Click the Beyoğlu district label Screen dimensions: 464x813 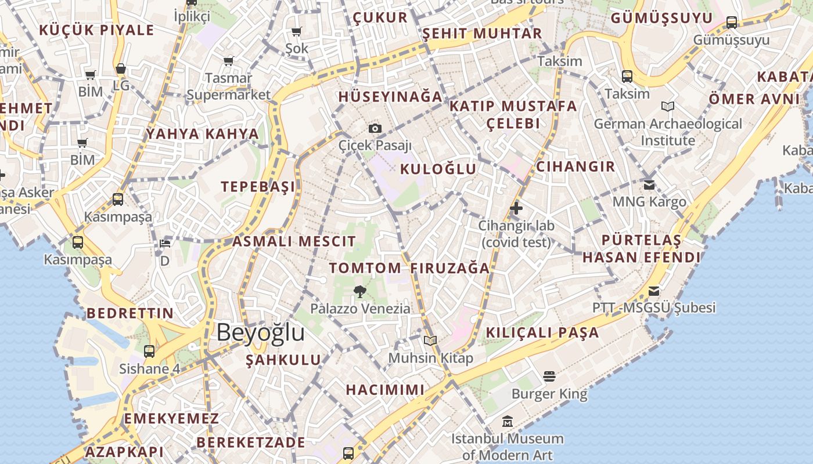tap(261, 333)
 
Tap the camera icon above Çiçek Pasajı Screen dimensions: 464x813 tap(375, 128)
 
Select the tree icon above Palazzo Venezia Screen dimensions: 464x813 tap(360, 292)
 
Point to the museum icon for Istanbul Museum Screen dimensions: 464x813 tap(508, 422)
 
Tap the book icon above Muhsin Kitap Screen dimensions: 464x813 tap(430, 341)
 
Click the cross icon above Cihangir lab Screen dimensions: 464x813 tap(516, 208)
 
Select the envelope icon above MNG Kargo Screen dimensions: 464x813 tap(649, 185)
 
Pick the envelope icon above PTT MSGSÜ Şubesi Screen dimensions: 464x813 tap(654, 291)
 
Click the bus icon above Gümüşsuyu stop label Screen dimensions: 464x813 tap(732, 23)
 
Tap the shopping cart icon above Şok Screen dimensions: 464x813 tap(297, 31)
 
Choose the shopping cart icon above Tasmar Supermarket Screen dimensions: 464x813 tap(228, 61)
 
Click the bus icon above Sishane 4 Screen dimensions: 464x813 tap(149, 351)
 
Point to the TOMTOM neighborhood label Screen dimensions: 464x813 tap(365, 268)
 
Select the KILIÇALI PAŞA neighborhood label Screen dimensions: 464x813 tap(542, 332)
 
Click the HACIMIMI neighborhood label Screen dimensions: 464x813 tap(385, 389)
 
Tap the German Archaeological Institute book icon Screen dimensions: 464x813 tap(668, 107)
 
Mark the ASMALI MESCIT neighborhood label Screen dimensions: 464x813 tap(294, 241)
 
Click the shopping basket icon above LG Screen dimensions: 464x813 tap(121, 69)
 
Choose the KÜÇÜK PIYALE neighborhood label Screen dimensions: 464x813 tap(96, 30)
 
